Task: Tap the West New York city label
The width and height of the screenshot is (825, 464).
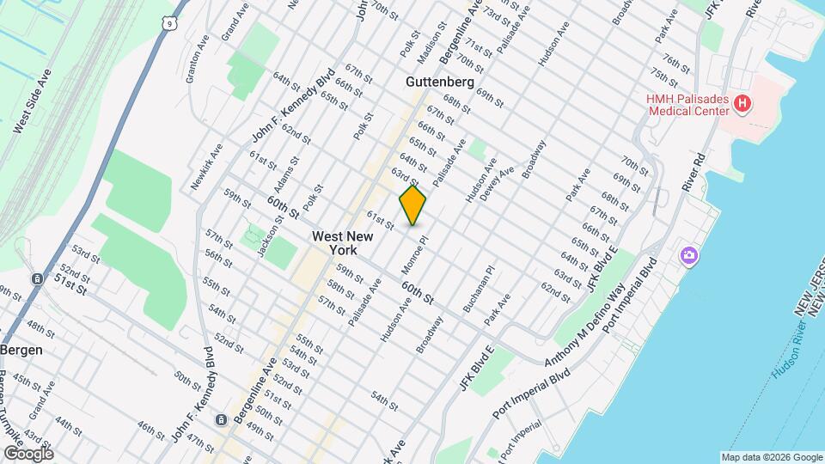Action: [342, 242]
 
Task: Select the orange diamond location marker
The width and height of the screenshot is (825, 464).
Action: [413, 205]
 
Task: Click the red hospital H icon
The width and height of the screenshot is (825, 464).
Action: [742, 106]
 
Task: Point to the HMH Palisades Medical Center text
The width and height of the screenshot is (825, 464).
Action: [687, 105]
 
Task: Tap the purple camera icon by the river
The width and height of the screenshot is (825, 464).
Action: [688, 255]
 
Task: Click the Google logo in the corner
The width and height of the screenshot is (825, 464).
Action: [27, 454]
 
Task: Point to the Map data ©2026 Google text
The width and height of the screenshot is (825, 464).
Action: [771, 456]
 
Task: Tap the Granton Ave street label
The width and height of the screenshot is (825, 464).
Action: [197, 60]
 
